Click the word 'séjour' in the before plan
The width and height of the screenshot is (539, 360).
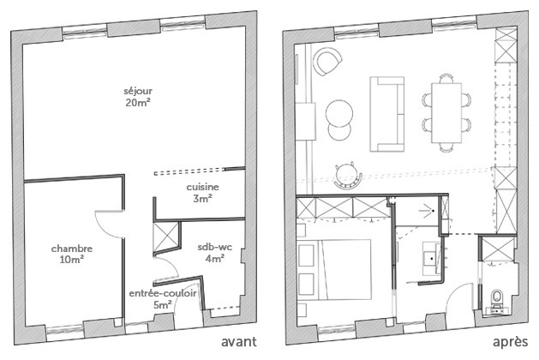pyautogui.click(x=138, y=92)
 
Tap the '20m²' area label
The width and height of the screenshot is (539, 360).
pyautogui.click(x=138, y=103)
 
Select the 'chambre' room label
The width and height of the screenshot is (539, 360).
pyautogui.click(x=72, y=249)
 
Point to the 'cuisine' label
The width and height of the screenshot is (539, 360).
pyautogui.click(x=202, y=187)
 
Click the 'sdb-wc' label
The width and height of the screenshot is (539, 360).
pyautogui.click(x=215, y=247)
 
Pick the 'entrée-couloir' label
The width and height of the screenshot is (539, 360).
pyautogui.click(x=163, y=293)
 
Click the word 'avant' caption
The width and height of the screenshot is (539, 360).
pyautogui.click(x=238, y=342)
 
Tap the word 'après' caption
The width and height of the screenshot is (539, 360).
pyautogui.click(x=511, y=342)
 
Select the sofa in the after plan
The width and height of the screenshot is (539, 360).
pyautogui.click(x=387, y=114)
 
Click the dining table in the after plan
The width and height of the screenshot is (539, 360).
pyautogui.click(x=446, y=113)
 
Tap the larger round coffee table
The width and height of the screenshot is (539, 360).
pyautogui.click(x=339, y=113)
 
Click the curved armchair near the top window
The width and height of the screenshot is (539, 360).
pyautogui.click(x=326, y=61)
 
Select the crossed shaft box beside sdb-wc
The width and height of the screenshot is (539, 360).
pyautogui.click(x=166, y=237)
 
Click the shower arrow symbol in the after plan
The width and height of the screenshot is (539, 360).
pyautogui.click(x=428, y=211)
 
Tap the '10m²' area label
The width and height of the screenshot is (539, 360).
pyautogui.click(x=72, y=259)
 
